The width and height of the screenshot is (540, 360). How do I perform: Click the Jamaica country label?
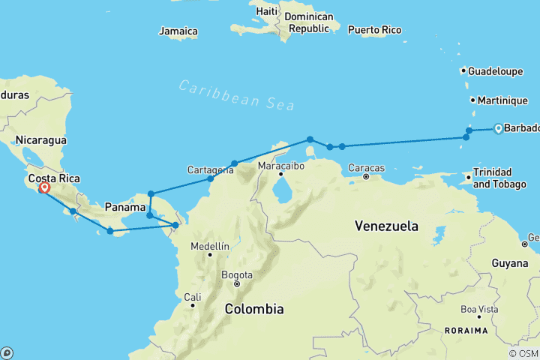[x=178, y=31]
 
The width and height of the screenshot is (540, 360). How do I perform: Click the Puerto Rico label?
[x=374, y=30]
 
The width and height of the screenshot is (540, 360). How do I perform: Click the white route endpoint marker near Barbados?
[x=497, y=129]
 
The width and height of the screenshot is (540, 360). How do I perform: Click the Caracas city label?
[x=367, y=167]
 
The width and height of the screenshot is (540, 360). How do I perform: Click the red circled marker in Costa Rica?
[x=44, y=188]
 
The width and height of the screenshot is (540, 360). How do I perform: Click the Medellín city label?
[x=209, y=246]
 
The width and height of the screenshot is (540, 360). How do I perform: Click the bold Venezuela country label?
[x=387, y=225]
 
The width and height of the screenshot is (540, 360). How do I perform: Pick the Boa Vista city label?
[x=479, y=309]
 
